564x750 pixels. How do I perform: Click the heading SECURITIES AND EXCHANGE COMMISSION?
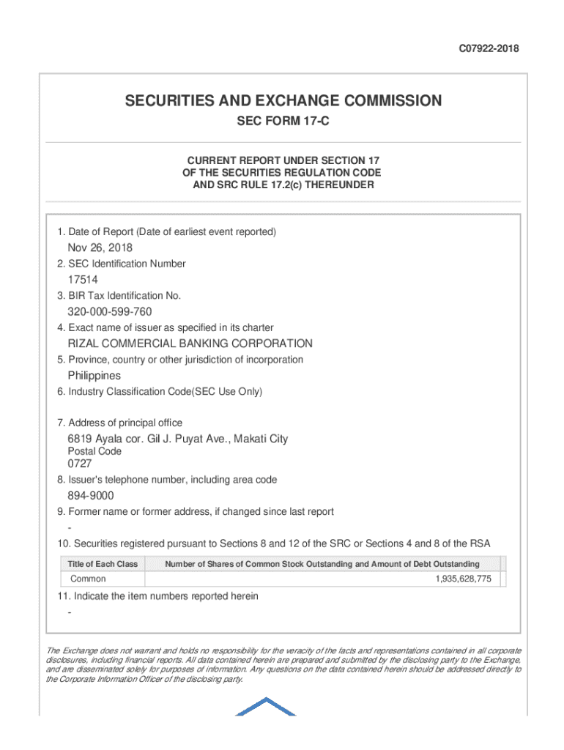(283, 101)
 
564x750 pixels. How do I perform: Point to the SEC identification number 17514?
(83, 280)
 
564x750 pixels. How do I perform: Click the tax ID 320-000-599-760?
(110, 312)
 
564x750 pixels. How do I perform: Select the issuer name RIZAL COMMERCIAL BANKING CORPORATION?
(190, 344)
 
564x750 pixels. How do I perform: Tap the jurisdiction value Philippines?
(94, 376)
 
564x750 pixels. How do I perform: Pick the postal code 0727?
(80, 464)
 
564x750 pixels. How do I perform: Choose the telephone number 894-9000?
(91, 497)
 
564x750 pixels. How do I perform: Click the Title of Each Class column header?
(103, 564)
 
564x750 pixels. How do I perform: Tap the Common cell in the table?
(88, 579)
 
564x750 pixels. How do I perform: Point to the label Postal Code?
(94, 452)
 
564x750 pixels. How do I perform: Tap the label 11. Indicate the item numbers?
(157, 596)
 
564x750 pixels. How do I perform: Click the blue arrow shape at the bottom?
(266, 707)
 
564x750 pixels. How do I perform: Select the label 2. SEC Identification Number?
(122, 264)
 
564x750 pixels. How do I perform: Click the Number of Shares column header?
(322, 564)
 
